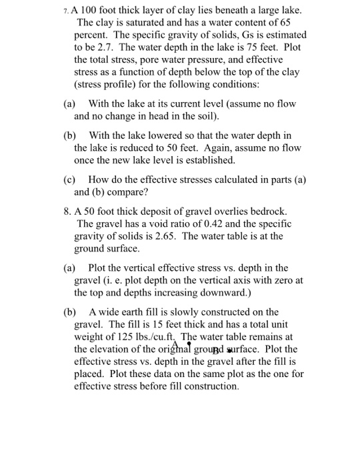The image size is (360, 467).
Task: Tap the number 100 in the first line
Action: pos(89,10)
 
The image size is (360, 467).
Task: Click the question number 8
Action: pos(67,211)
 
